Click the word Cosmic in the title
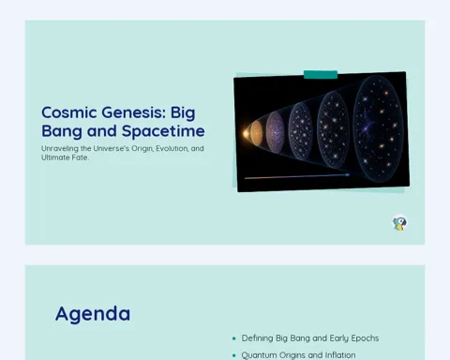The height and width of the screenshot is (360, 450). point(69,112)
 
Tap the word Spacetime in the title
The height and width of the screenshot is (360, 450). point(163,131)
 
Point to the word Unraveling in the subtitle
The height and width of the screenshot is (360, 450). point(60,149)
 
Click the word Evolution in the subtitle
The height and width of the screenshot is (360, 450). point(172,148)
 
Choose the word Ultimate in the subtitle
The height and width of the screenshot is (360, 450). point(55,157)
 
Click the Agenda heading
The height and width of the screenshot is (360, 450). point(93,314)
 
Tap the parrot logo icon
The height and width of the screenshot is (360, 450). point(399,223)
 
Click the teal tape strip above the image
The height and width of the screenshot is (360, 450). point(321,75)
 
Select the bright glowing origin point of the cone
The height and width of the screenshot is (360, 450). point(246,134)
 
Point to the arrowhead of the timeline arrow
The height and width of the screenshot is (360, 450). point(348,175)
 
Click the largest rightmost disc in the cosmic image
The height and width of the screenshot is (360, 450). point(378,128)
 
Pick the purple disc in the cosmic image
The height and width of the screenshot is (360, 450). point(275,132)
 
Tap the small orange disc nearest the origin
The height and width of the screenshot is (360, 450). point(256,133)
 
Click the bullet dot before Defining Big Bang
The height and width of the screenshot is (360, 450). point(234,338)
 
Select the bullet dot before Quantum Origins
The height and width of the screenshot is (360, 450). point(234,355)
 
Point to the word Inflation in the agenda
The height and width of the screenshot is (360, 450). point(340,355)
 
